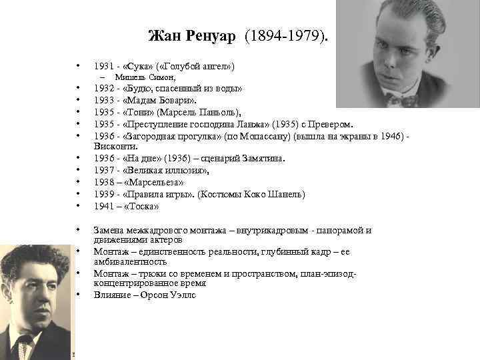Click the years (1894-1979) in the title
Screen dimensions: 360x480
point(286,35)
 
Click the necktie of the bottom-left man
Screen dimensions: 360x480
point(24,346)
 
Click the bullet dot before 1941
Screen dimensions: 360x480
point(79,206)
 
